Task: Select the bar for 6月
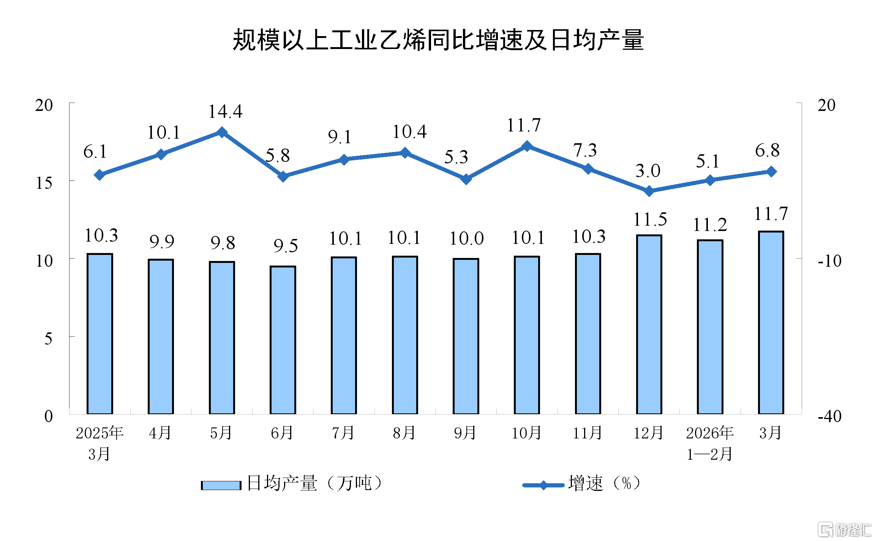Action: (283, 340)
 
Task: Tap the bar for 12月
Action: (649, 324)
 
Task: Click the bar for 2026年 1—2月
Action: (710, 327)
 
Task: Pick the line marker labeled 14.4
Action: (222, 132)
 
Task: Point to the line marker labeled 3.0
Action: (649, 191)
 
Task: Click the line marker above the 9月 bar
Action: (466, 179)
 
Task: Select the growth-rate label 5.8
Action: (278, 155)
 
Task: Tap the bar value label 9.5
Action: (286, 246)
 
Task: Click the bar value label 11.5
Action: (650, 219)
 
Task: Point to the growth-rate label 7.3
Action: (585, 150)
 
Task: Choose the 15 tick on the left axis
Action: (44, 183)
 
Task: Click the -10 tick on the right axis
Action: (829, 261)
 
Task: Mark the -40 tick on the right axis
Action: (829, 416)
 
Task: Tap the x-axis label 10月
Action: (526, 433)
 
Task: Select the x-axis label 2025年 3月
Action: (100, 443)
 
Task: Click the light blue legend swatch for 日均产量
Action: (221, 485)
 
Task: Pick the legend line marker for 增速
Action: (543, 485)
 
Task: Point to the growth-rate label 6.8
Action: (767, 150)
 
